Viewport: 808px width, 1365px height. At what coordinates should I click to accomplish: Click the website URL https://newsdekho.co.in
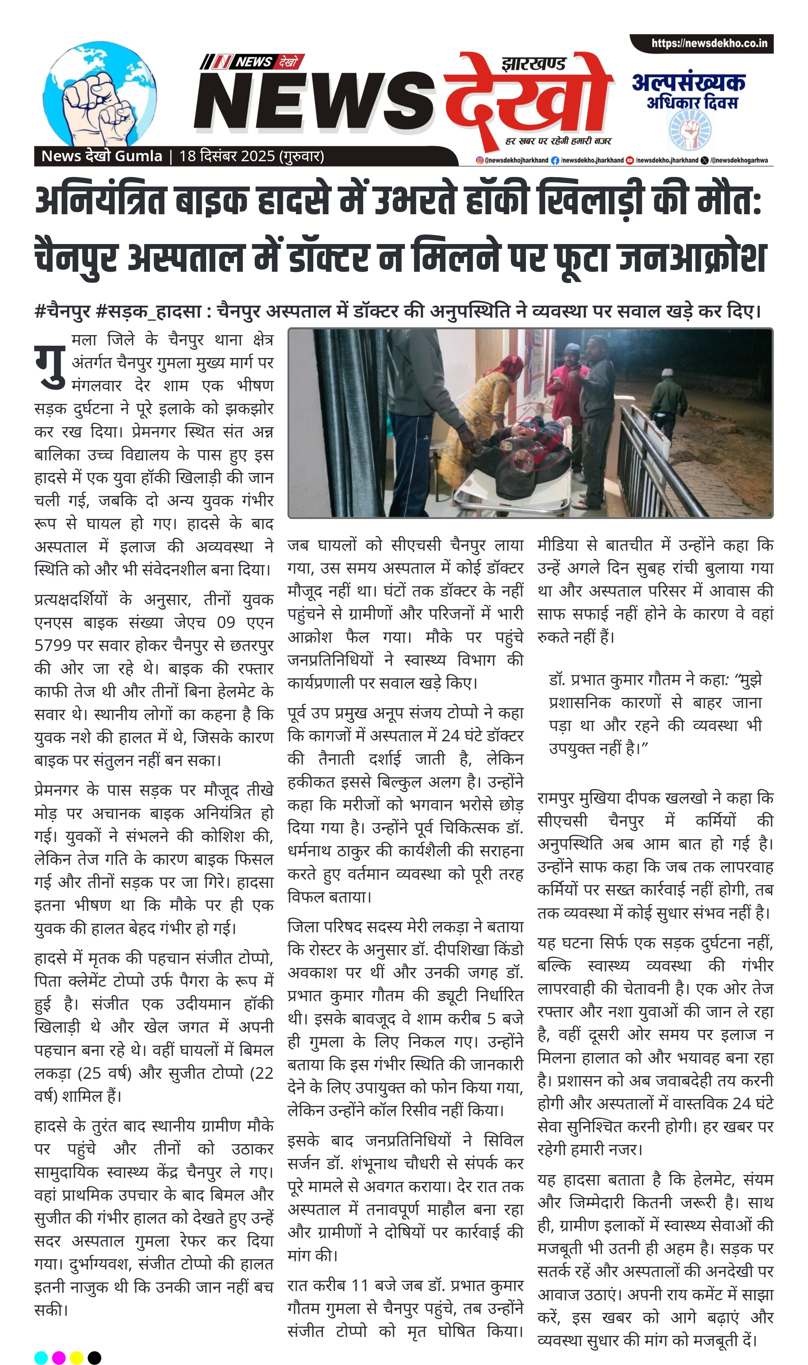tap(709, 43)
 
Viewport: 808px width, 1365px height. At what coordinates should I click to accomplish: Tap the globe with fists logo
tap(100, 93)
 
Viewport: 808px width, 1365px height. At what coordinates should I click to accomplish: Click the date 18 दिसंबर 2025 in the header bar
tap(227, 156)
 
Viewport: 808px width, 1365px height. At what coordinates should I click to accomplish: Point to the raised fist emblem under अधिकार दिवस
tap(690, 131)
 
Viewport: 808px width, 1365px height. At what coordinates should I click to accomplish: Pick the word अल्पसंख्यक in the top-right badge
tap(688, 83)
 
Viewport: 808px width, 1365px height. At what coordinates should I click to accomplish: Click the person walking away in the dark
tap(669, 406)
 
